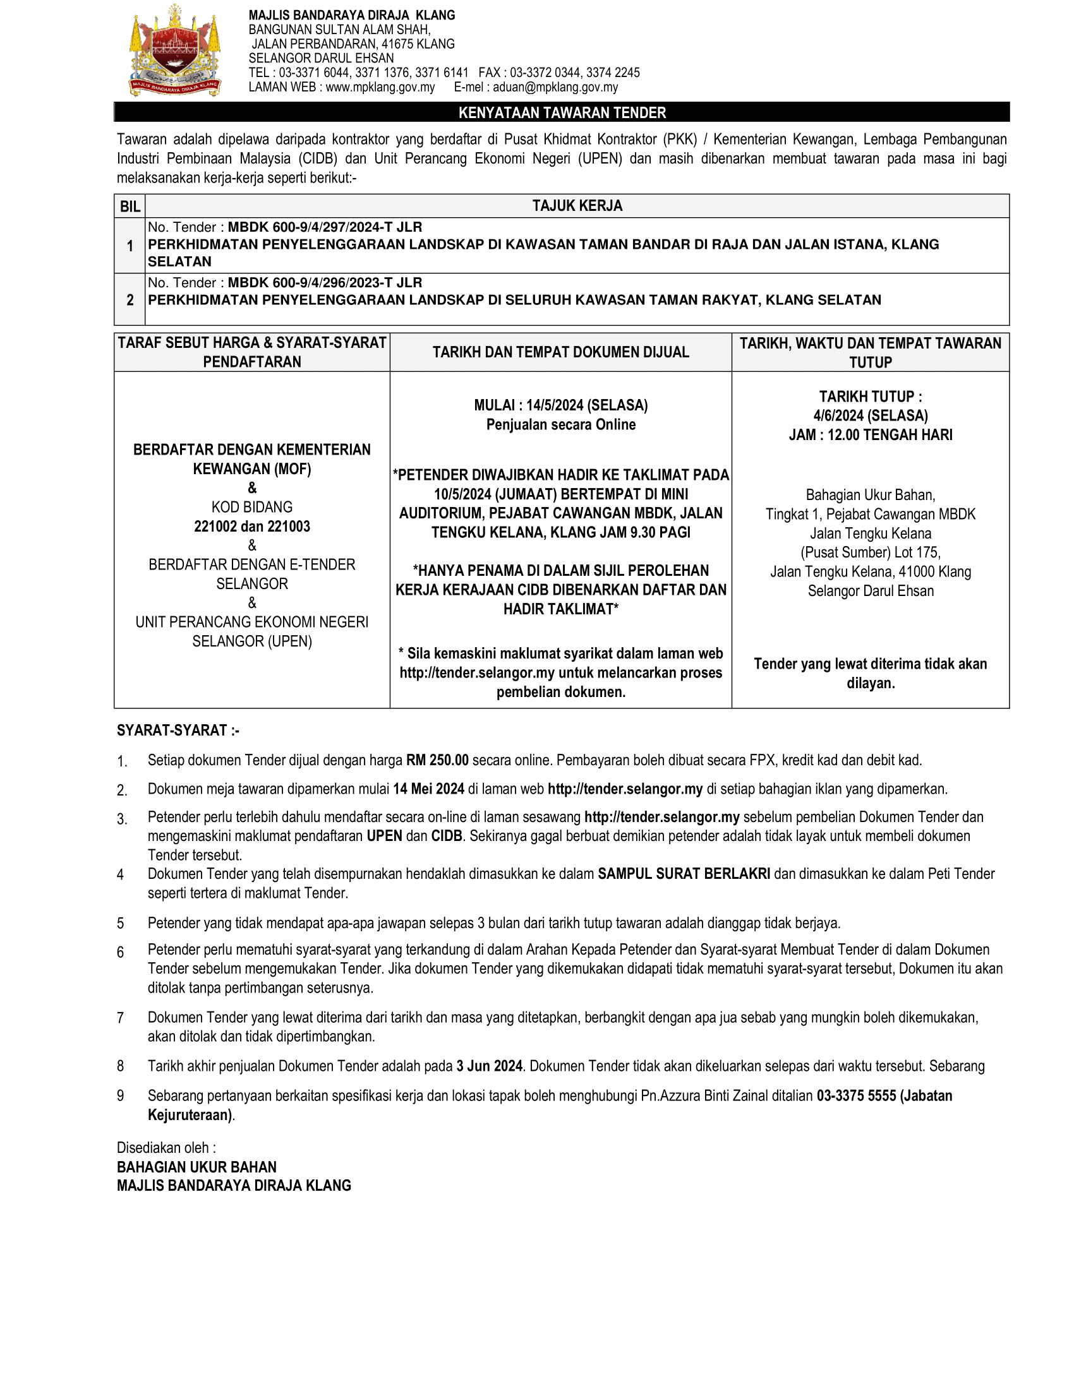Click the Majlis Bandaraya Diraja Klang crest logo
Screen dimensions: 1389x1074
click(x=175, y=51)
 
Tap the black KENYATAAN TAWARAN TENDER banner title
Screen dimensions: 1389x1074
click(x=562, y=112)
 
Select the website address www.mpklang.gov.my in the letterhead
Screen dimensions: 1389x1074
click(x=380, y=87)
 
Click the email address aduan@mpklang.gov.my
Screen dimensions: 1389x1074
click(x=555, y=87)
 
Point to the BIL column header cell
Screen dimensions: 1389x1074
click(x=130, y=206)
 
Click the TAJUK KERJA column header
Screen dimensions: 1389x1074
click(x=577, y=206)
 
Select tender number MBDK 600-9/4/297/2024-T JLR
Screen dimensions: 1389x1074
click(x=325, y=227)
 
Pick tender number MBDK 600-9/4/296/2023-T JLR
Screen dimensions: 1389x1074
click(x=325, y=282)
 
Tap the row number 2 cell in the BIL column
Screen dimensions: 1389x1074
click(x=130, y=299)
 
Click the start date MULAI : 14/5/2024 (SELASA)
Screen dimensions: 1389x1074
click(x=560, y=405)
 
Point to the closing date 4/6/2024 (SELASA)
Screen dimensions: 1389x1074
click(x=871, y=415)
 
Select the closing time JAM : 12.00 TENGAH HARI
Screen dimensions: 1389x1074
click(x=871, y=435)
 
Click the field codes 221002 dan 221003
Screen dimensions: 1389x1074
click(x=252, y=527)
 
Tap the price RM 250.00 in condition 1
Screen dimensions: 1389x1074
click(x=437, y=760)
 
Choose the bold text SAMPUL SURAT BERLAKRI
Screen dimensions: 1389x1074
click(x=684, y=874)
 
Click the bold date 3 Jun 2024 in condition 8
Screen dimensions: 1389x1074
click(x=489, y=1066)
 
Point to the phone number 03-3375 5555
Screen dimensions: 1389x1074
click(x=857, y=1095)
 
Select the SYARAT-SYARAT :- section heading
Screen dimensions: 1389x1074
click(x=178, y=730)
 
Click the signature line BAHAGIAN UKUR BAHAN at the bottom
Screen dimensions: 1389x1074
click(x=196, y=1167)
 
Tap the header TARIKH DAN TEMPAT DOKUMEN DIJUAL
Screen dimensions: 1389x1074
click(x=560, y=352)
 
